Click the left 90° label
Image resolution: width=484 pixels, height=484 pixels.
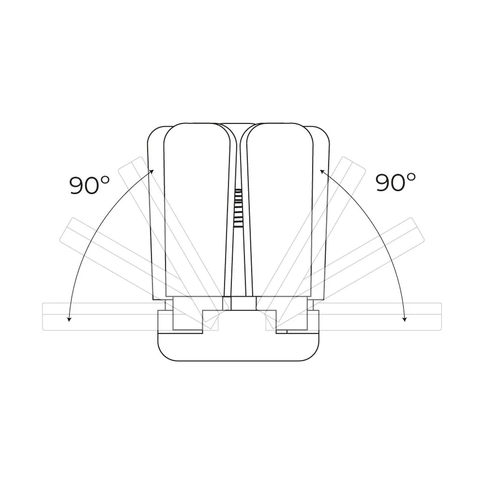click(x=90, y=185)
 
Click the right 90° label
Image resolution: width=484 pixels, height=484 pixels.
click(x=395, y=182)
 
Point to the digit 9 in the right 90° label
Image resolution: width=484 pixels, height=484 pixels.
click(x=383, y=182)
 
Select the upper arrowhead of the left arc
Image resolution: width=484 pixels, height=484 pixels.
click(x=152, y=171)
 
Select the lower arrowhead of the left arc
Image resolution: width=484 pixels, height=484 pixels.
click(x=69, y=319)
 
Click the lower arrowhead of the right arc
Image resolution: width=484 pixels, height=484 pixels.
click(x=405, y=319)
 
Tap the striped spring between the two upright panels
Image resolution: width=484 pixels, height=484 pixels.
click(x=238, y=208)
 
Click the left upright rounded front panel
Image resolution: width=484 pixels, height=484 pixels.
click(x=197, y=210)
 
